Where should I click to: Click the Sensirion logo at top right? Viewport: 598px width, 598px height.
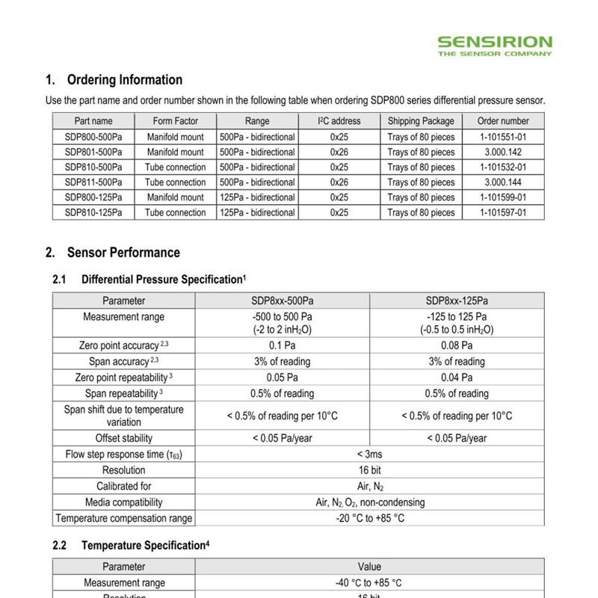click(495, 45)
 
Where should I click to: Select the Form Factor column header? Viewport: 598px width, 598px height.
click(175, 121)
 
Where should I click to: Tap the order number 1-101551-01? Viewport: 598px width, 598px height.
click(503, 137)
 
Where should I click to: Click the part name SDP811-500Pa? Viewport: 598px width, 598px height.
click(93, 182)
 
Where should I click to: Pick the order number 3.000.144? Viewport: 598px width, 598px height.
click(503, 182)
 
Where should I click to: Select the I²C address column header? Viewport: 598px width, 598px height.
click(339, 121)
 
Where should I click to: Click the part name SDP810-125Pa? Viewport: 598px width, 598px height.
click(93, 213)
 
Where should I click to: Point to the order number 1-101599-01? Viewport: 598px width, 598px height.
click(503, 197)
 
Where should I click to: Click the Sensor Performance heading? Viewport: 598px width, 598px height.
click(123, 253)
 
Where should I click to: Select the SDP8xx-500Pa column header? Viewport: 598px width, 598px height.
click(282, 301)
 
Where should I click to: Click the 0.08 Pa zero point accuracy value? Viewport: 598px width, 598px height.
click(457, 345)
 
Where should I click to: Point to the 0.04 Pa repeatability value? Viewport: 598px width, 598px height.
click(457, 377)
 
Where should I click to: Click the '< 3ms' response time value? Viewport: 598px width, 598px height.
click(369, 454)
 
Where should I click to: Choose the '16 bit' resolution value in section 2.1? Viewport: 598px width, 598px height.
click(369, 470)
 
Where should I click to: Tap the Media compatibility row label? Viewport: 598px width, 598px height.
click(123, 502)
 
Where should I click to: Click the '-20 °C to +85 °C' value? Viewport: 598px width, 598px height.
click(369, 518)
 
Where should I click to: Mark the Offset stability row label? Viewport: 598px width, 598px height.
click(123, 438)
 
